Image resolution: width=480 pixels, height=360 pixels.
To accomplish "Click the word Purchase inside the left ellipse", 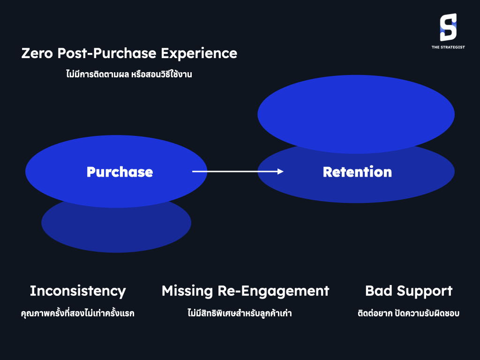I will [x=120, y=172].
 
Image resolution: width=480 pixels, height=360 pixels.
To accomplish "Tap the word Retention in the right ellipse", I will [x=357, y=172].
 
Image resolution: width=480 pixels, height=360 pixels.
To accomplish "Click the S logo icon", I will [x=448, y=27].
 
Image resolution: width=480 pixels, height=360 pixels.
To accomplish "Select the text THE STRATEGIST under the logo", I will [x=448, y=47].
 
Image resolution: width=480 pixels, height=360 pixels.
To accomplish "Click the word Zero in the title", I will [x=37, y=53].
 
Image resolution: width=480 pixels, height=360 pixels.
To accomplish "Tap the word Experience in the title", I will [x=199, y=53].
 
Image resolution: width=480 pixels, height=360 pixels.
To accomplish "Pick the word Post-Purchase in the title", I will [x=107, y=53].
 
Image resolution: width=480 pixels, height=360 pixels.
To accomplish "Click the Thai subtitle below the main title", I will [x=129, y=74].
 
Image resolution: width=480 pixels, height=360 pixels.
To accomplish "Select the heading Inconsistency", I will [x=78, y=291].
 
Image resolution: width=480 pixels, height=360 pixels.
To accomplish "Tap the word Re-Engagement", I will [x=273, y=291].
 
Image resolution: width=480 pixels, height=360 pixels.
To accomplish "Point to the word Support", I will [x=425, y=291].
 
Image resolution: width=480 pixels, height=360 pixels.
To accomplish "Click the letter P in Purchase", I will [x=91, y=172].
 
